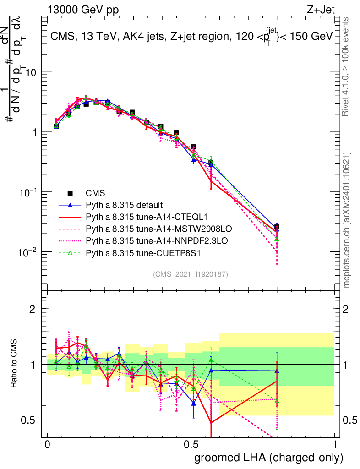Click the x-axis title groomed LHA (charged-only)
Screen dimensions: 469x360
(x=269, y=458)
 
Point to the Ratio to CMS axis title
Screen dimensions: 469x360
(x=14, y=365)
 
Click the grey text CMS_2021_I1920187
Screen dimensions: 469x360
(x=191, y=274)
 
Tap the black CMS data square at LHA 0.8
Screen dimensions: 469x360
(x=277, y=227)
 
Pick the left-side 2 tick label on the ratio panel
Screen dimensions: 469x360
(x=32, y=309)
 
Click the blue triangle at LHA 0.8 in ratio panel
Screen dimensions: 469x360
(x=277, y=371)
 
